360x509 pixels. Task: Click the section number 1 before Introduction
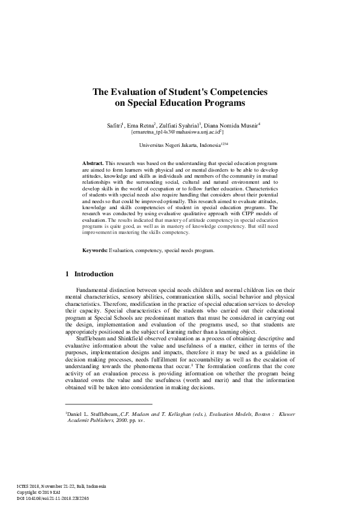67,274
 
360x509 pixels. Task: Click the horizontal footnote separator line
108,404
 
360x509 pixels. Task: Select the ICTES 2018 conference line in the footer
61,485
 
